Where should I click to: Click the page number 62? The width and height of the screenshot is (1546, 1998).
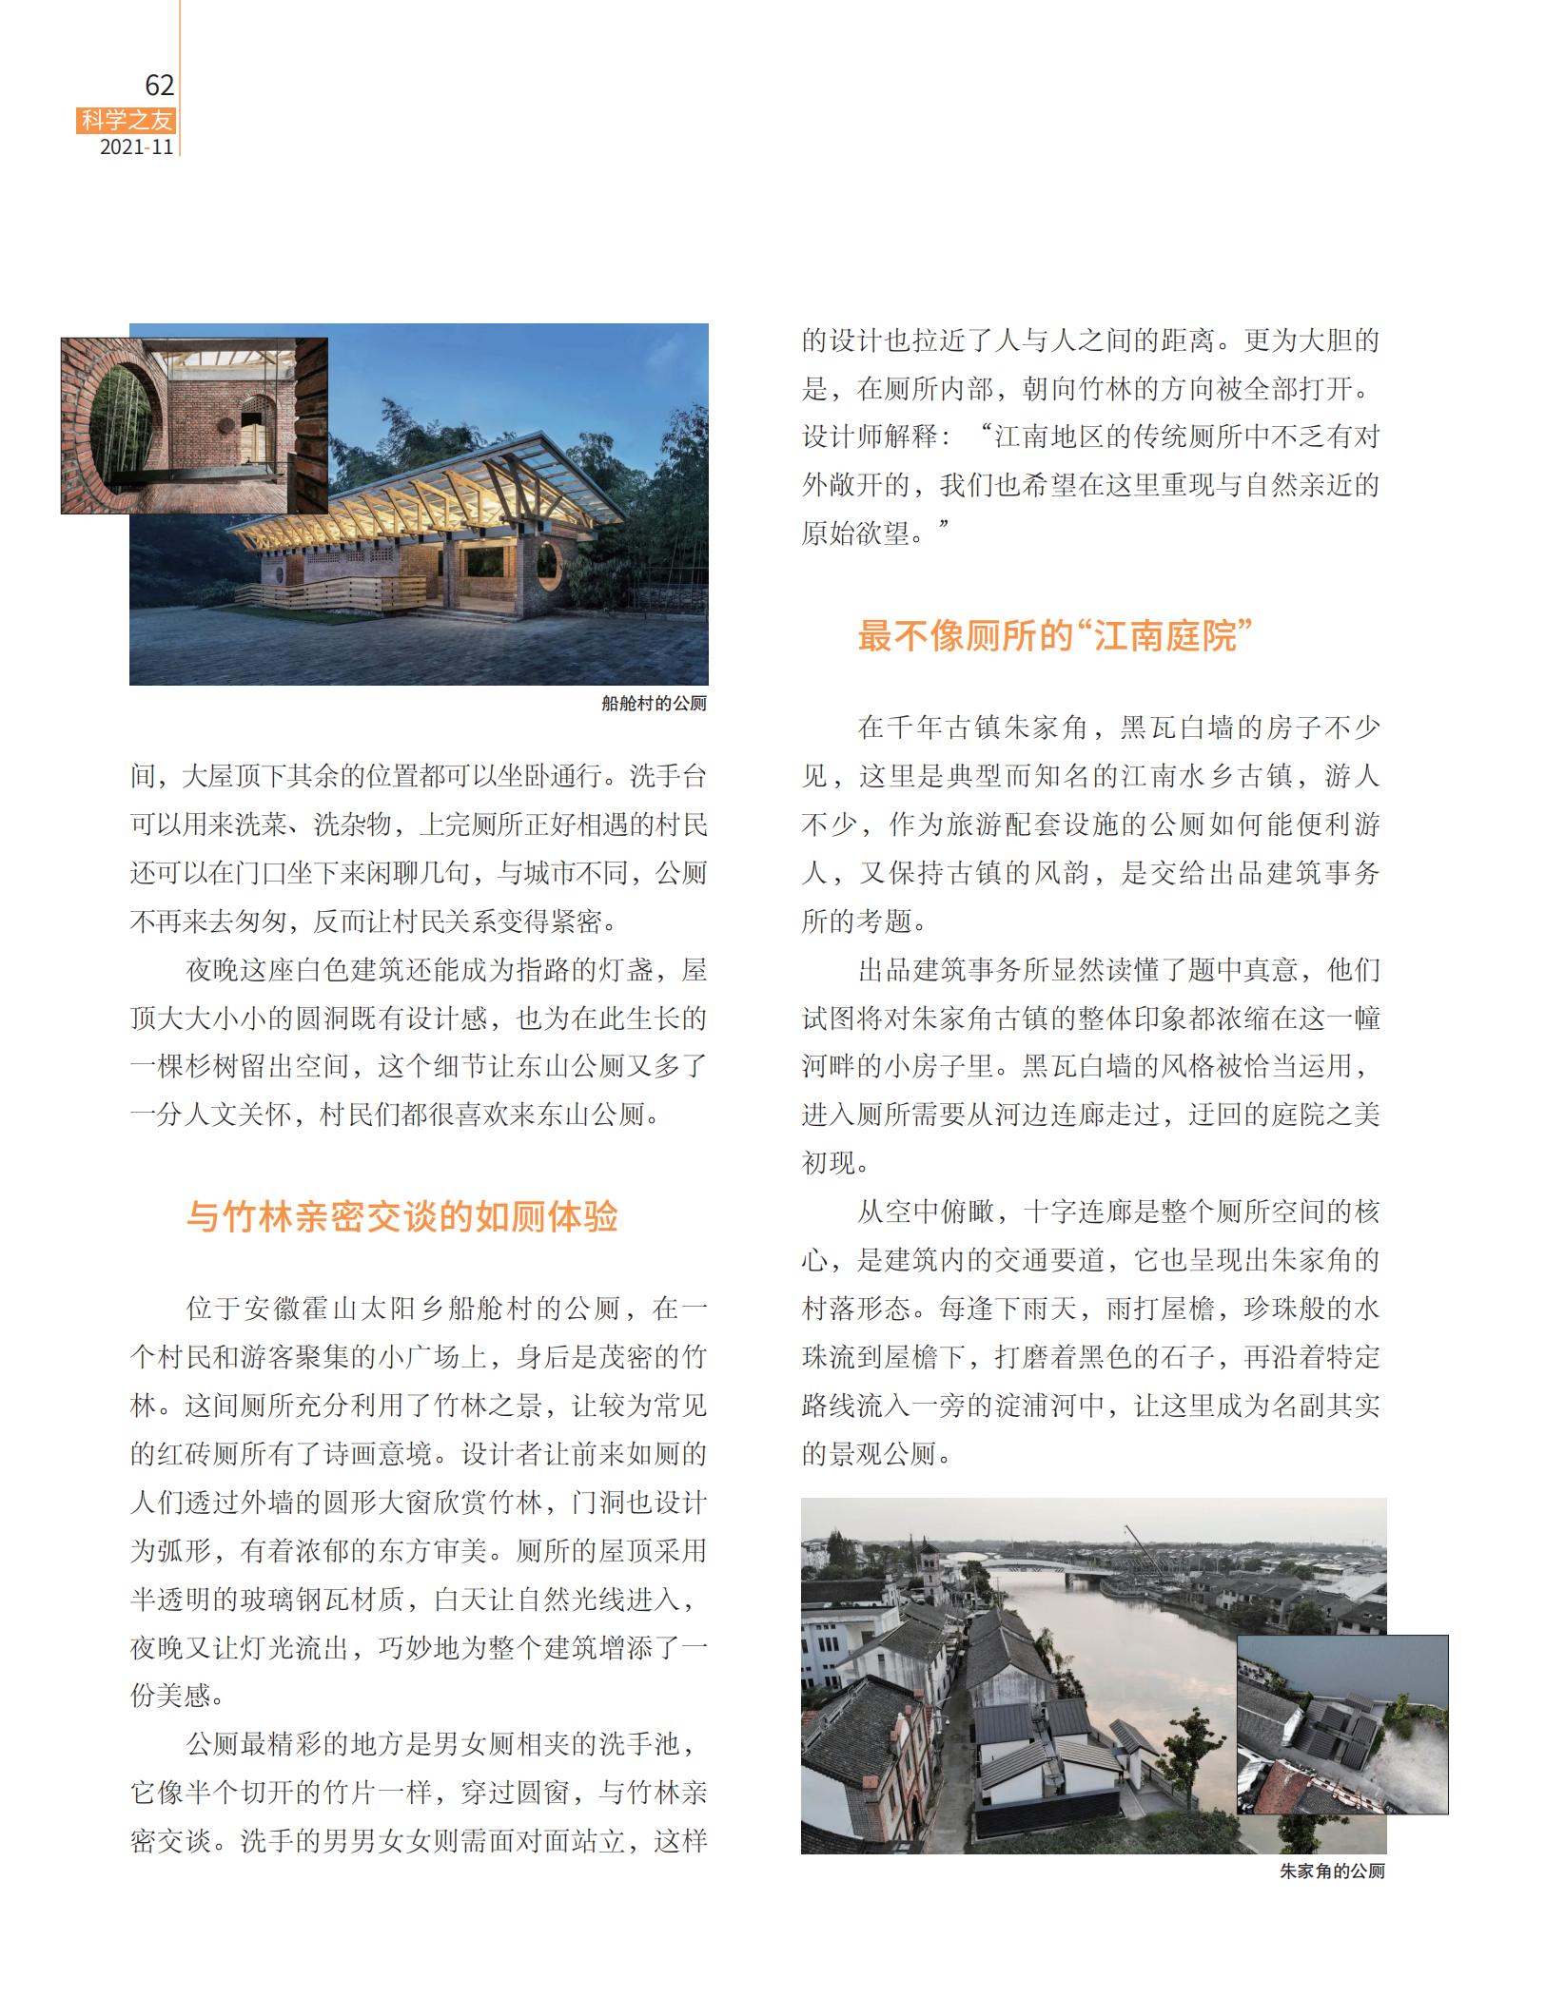pos(159,86)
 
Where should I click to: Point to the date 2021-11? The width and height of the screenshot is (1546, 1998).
pos(137,147)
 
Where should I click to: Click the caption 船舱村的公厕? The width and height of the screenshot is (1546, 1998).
pos(654,704)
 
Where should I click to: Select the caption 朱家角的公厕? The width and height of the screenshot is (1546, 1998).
pos(1331,1872)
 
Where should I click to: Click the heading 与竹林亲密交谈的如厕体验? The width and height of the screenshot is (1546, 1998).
pos(401,1217)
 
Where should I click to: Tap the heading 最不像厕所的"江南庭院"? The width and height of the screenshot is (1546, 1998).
pos(1053,635)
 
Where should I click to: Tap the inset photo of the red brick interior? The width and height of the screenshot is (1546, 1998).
pos(195,425)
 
